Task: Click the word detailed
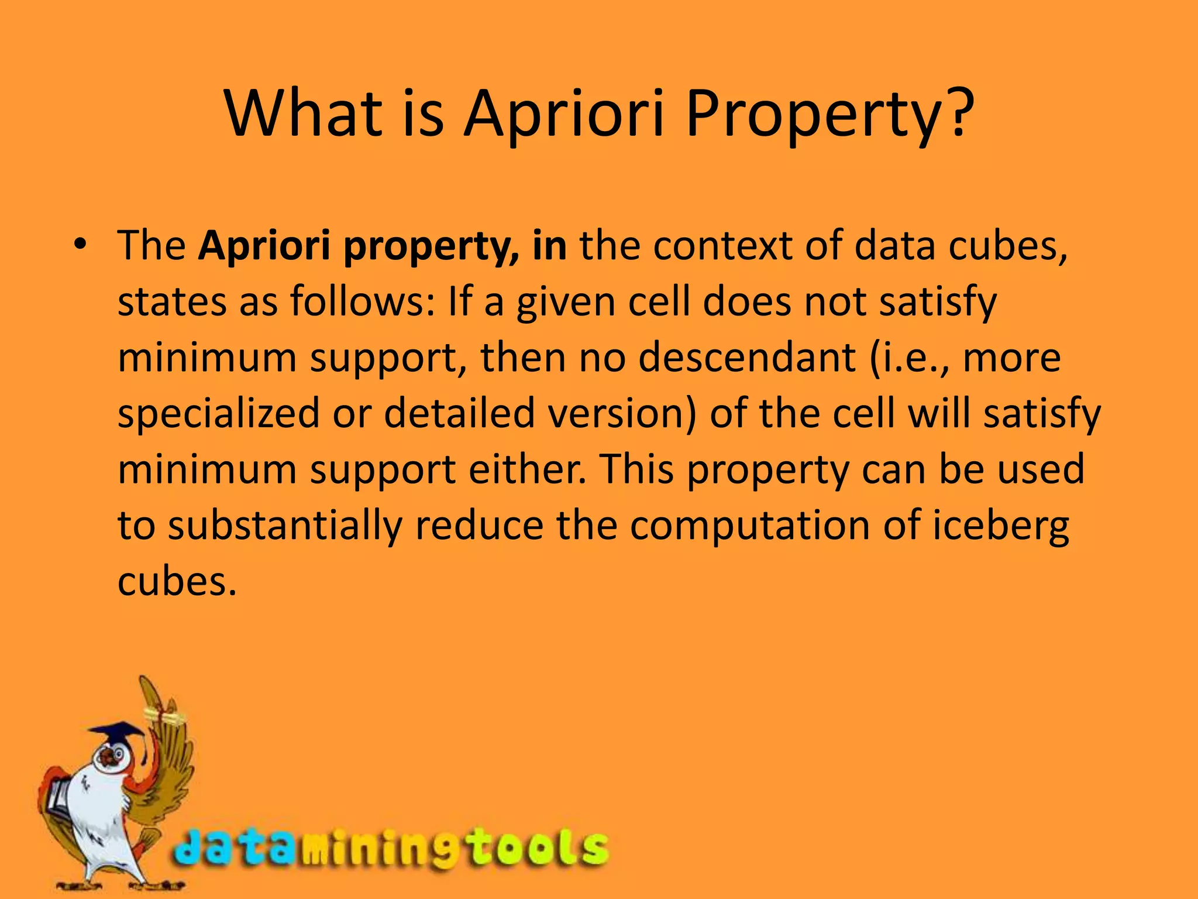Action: tap(459, 413)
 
